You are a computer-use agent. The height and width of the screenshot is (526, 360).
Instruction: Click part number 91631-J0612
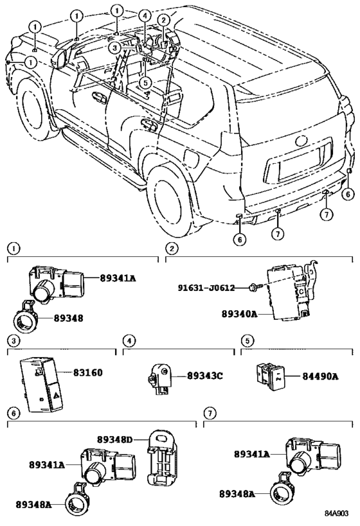pos(206,288)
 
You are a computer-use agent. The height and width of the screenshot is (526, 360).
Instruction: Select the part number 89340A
pos(239,314)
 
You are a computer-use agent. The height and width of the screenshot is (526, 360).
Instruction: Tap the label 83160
pos(88,373)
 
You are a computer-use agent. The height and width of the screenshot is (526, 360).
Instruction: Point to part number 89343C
pos(205,376)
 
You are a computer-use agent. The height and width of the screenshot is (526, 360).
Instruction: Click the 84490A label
pos(320,376)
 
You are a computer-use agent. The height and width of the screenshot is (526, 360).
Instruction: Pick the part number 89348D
pos(115,439)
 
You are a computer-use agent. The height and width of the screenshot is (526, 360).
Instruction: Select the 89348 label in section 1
pos(69,318)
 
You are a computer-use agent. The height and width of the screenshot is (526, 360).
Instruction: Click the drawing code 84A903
pos(336,513)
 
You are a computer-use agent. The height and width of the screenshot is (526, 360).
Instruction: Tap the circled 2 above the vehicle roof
pos(163,21)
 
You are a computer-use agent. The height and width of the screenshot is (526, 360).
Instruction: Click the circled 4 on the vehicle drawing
pos(145,15)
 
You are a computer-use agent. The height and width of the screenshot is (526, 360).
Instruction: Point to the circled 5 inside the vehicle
pos(145,82)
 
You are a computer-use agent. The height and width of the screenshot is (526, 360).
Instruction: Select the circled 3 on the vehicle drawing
pos(114,48)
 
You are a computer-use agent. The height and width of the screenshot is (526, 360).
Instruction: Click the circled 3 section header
pos(14,341)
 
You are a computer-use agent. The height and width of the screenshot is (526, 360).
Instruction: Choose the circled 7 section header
pos(210,413)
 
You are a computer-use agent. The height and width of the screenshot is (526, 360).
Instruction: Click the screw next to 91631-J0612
pos(253,287)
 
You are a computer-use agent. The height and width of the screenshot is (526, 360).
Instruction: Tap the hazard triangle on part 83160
pos(55,396)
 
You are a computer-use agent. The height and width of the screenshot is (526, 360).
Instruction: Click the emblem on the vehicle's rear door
pos(301,141)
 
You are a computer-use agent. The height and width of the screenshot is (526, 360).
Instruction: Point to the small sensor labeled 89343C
pos(160,378)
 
